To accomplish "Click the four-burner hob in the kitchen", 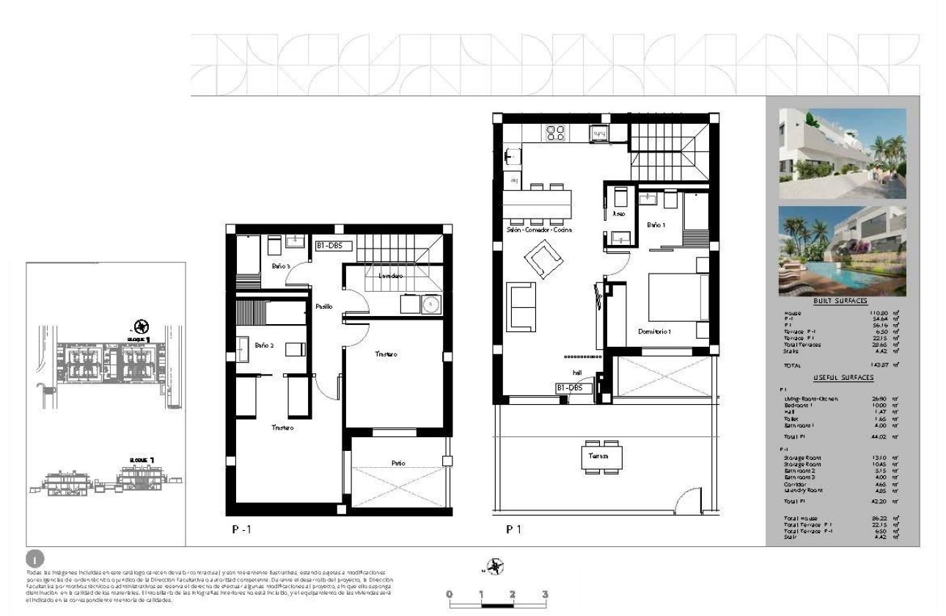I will tap(554, 133).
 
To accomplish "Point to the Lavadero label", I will tap(390, 276).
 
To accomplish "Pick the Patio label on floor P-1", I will tap(399, 463).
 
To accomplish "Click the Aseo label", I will tap(617, 214).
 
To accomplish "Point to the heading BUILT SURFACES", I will tap(840, 301).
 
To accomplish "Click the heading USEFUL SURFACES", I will tap(843, 377).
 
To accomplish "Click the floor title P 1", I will tap(513, 528).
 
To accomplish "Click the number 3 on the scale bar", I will tap(544, 594).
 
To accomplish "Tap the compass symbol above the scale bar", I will tap(495, 566).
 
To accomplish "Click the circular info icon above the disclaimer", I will tap(32, 558).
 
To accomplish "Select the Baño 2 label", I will tap(264, 344).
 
